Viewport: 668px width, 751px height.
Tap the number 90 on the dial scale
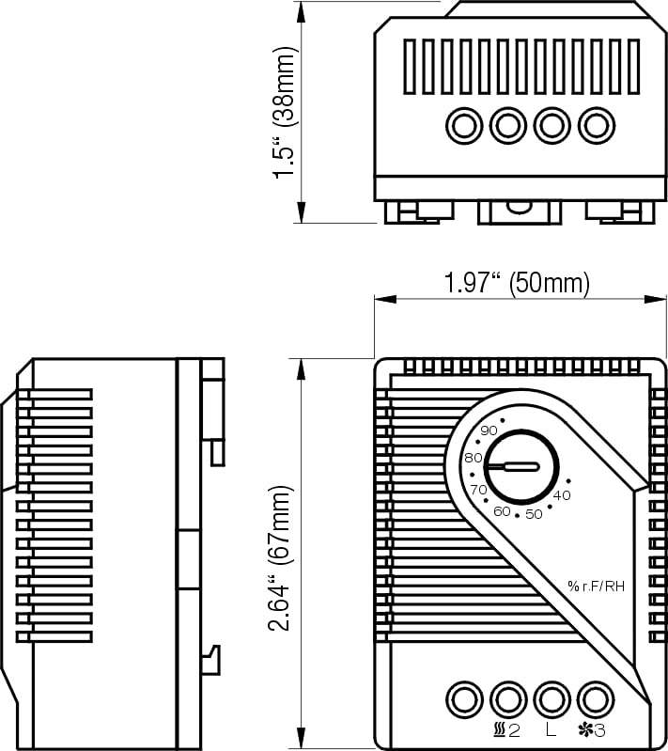[489, 430]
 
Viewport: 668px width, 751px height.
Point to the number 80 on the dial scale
[474, 458]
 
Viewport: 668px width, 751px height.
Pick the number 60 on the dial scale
[502, 510]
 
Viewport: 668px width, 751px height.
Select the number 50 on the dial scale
[534, 513]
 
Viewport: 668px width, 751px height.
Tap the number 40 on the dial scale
[562, 494]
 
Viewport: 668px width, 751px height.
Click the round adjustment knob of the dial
[521, 466]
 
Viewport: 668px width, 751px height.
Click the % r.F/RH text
[596, 587]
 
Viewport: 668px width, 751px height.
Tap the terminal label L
[550, 728]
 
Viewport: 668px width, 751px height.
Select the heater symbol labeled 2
[506, 728]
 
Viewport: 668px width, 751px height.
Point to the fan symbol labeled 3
[592, 728]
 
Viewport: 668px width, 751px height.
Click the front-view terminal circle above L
[551, 698]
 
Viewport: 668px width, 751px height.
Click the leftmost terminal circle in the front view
[462, 698]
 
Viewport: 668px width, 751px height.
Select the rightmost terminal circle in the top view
[596, 125]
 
